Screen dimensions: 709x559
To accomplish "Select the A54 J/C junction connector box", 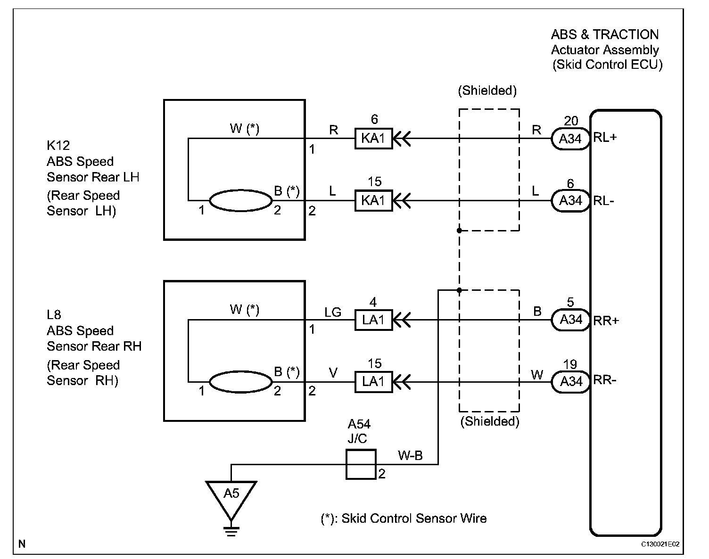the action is point(361,464).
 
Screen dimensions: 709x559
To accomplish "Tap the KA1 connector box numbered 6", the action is point(374,139).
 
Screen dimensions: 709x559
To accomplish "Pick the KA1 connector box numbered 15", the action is point(374,200).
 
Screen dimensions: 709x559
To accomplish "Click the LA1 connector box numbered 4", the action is point(374,320).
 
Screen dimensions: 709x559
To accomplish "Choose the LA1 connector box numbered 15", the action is point(374,382).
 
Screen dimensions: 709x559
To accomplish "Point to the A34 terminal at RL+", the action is point(570,139).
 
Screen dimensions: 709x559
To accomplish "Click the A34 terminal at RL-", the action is point(570,201).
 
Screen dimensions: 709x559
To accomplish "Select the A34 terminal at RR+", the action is point(570,320).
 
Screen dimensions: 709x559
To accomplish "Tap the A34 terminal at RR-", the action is point(570,382).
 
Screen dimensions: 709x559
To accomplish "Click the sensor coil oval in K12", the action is point(241,200).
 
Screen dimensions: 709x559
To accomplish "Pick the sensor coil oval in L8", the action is point(241,382).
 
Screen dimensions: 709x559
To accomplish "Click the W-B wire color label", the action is point(410,455).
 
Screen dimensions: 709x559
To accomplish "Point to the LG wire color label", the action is point(333,312).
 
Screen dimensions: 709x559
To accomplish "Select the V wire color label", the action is point(333,373).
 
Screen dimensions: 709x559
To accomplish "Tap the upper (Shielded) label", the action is point(487,90).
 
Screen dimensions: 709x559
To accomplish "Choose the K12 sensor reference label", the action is point(58,145).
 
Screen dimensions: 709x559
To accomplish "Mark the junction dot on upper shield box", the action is point(459,230).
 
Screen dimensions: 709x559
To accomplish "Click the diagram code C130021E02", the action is point(660,544).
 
